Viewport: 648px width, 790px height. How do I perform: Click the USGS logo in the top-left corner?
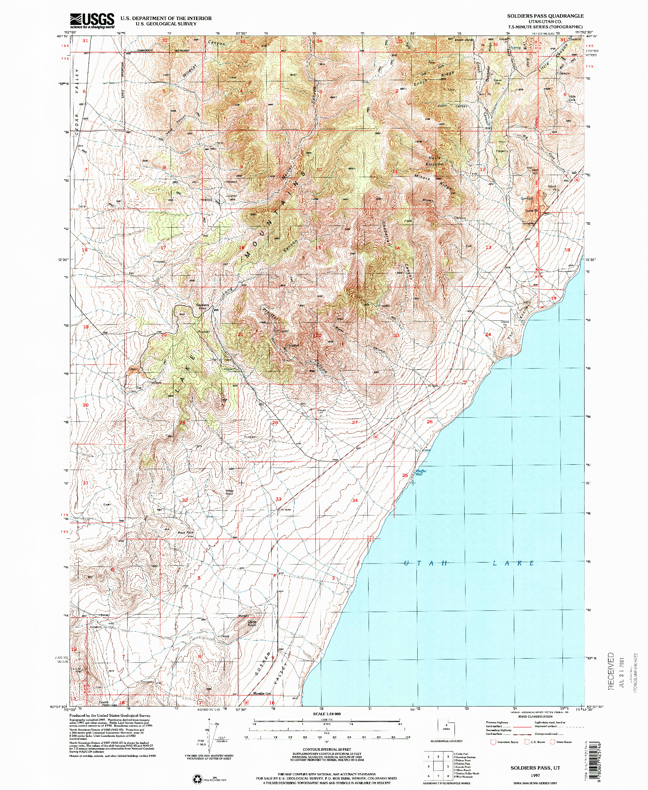pyautogui.click(x=92, y=20)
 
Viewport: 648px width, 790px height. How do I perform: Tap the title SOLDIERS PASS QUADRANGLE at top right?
pyautogui.click(x=545, y=16)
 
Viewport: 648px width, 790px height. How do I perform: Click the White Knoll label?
pyautogui.click(x=229, y=493)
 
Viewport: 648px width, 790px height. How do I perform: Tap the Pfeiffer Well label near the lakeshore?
pyautogui.click(x=421, y=473)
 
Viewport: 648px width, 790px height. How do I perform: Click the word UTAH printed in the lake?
pyautogui.click(x=425, y=563)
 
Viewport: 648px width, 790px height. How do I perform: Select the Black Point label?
pyautogui.click(x=185, y=533)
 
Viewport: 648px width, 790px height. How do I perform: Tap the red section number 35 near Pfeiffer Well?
pyautogui.click(x=405, y=475)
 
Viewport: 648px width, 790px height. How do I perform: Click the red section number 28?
pyautogui.click(x=275, y=423)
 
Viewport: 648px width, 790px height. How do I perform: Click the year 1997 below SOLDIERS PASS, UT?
pyautogui.click(x=535, y=775)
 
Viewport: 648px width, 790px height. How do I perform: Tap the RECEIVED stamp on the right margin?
pyautogui.click(x=611, y=671)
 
